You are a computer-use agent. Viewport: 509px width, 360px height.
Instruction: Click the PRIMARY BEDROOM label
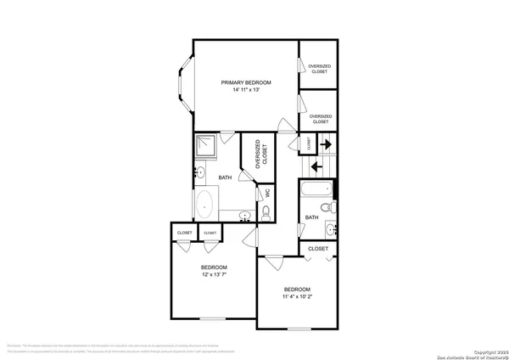pos(246,82)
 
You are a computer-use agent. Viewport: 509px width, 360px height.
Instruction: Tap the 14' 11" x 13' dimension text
pos(246,90)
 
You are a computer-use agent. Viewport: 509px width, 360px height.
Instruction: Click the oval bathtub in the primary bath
pos(205,205)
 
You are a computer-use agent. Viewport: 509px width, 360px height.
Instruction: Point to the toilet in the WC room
pos(266,216)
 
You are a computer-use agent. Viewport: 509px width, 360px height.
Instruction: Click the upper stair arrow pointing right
pos(325,145)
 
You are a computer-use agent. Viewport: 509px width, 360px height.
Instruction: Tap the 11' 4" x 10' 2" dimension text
pos(297,296)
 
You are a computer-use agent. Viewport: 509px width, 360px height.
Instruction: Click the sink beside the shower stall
pos(199,173)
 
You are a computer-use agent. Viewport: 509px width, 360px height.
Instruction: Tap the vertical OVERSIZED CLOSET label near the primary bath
pos(261,154)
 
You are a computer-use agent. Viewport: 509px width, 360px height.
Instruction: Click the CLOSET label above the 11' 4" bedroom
pos(317,248)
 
